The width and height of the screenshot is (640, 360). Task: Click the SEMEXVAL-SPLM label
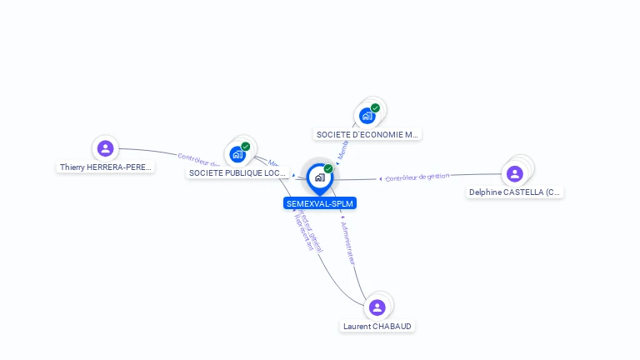(x=320, y=203)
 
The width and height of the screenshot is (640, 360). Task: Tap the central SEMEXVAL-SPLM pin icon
(x=319, y=177)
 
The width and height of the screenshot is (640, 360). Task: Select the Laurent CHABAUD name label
(x=377, y=326)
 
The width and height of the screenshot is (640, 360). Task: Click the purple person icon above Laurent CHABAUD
(x=377, y=307)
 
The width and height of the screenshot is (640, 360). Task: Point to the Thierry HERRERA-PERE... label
(x=106, y=167)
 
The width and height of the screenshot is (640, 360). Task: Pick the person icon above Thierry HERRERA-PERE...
(x=105, y=148)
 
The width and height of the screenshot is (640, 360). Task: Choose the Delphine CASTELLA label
(x=515, y=192)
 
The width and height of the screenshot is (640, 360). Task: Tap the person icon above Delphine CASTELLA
(x=514, y=173)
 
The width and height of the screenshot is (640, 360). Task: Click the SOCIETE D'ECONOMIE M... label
(x=367, y=134)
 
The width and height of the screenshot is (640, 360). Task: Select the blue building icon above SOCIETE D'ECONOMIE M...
(x=367, y=116)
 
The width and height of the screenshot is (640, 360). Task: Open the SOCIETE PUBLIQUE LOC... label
(x=238, y=172)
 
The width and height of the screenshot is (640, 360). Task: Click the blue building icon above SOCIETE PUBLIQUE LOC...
(x=237, y=154)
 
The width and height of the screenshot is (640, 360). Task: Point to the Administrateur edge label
(x=349, y=242)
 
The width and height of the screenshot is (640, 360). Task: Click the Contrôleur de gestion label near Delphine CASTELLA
(x=417, y=177)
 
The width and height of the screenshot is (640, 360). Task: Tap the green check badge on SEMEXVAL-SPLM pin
(x=328, y=168)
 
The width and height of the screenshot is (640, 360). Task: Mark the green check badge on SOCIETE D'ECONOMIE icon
(x=375, y=107)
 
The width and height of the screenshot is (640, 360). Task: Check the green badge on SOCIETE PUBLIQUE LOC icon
(x=246, y=146)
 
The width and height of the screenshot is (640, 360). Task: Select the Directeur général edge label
(x=311, y=230)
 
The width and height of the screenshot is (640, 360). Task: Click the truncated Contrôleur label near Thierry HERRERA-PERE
(x=197, y=159)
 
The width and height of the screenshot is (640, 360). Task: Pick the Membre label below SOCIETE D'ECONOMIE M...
(x=342, y=151)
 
